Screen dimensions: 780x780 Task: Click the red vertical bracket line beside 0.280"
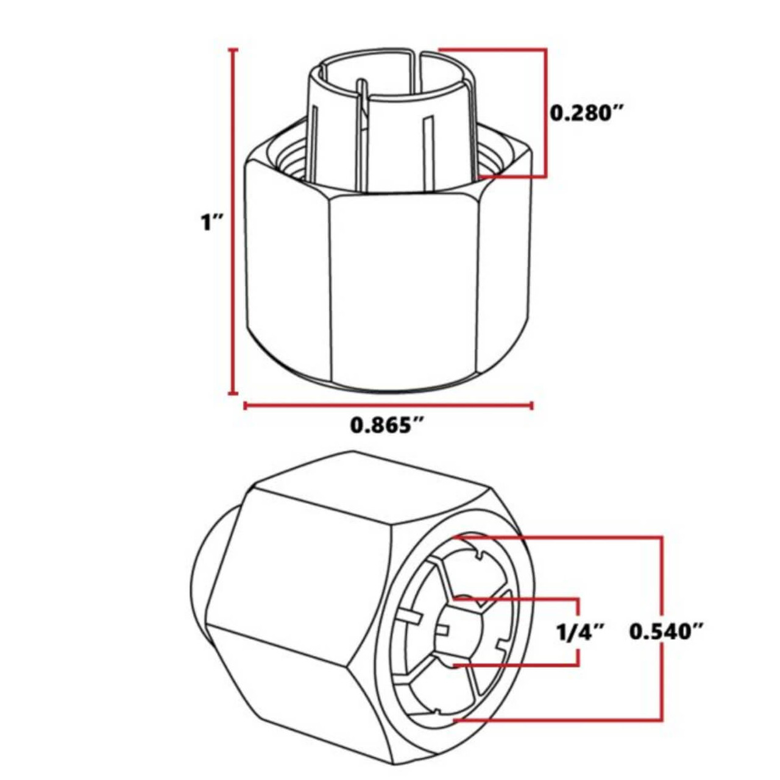coord(545,113)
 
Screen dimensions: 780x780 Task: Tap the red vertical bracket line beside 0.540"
coord(661,628)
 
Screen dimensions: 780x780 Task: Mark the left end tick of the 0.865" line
coord(245,405)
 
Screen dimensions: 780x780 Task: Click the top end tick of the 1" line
coord(232,49)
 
